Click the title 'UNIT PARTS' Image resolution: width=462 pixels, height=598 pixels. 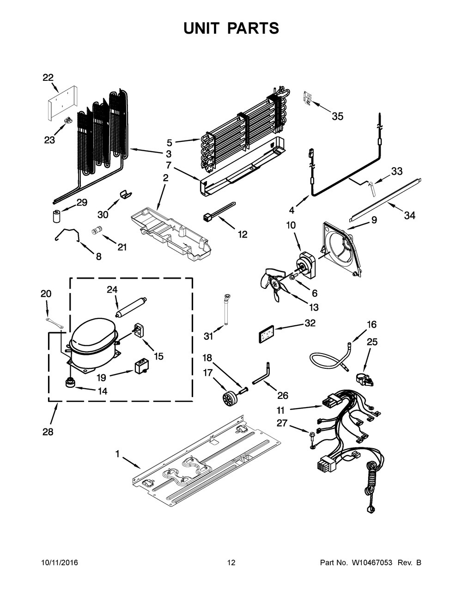[x=231, y=28]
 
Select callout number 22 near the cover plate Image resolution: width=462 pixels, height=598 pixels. [x=48, y=78]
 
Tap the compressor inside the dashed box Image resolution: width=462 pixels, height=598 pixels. [x=91, y=342]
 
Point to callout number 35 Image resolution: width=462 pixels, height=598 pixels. [x=338, y=116]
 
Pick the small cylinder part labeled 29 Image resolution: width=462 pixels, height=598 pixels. [x=56, y=215]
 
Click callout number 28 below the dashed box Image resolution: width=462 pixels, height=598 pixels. [x=48, y=432]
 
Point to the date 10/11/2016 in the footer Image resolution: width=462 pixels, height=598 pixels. [x=60, y=563]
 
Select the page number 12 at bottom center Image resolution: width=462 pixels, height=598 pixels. [x=231, y=563]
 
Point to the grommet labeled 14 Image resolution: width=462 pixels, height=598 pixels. [x=71, y=382]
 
